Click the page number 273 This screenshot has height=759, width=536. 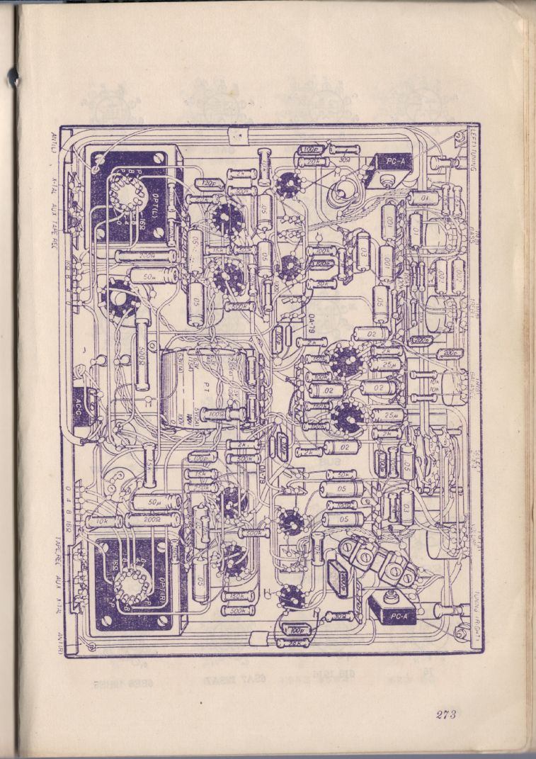pos(445,714)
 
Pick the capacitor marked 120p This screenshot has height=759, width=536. pos(207,183)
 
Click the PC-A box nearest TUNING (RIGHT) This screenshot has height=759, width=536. pos(388,608)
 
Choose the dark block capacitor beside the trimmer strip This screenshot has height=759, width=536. pos(338,578)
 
